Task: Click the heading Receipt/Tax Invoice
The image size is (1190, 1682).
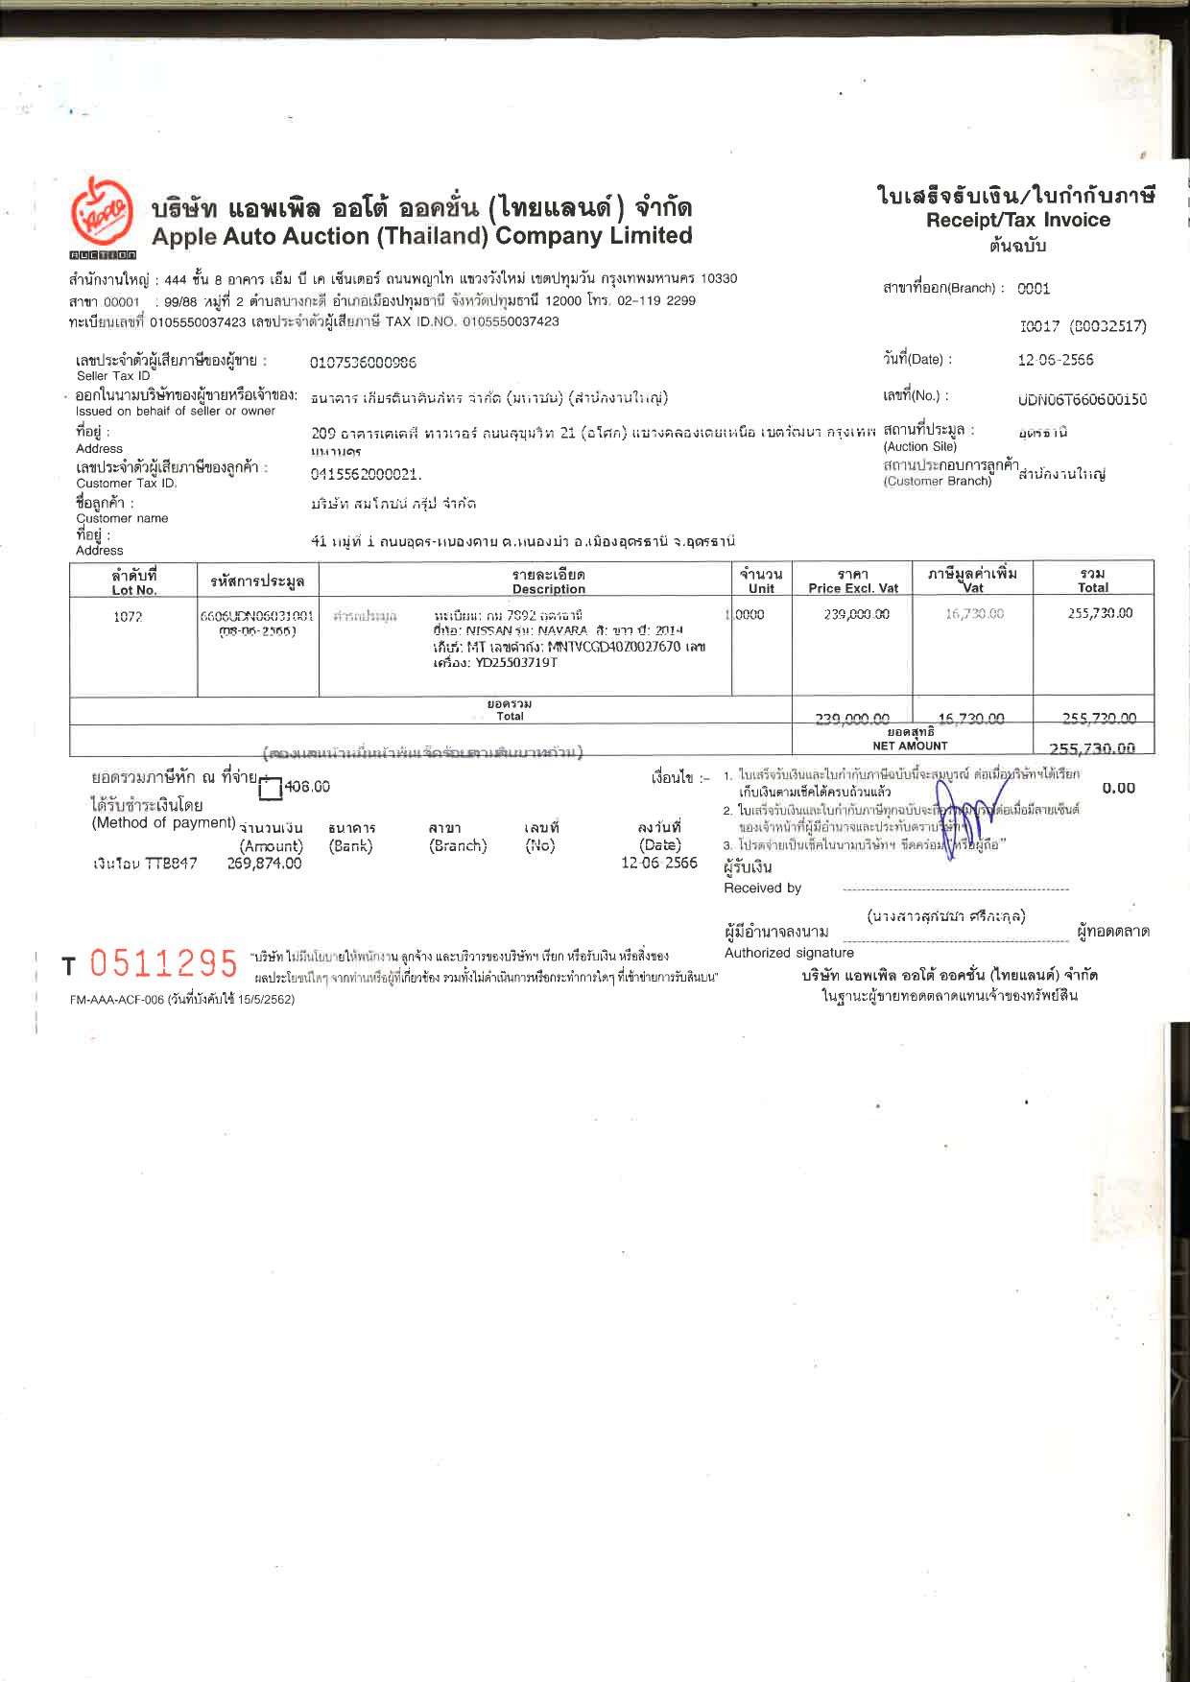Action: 1017,220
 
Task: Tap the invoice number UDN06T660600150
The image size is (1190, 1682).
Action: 1082,399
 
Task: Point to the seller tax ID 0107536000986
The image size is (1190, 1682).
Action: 363,363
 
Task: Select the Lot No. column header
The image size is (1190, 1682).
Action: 133,581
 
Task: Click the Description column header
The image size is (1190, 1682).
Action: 548,581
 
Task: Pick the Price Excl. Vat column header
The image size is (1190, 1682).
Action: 852,581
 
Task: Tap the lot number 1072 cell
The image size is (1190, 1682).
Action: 128,617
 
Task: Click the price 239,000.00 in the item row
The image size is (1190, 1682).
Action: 856,614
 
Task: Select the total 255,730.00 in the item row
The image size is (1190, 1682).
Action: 1100,613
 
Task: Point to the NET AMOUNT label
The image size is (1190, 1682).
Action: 910,746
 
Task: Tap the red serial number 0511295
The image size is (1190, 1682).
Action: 163,962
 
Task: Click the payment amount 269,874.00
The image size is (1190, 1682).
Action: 264,864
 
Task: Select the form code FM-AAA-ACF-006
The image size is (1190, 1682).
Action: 116,1000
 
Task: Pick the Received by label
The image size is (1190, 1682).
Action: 762,888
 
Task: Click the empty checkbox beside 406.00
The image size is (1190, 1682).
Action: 271,789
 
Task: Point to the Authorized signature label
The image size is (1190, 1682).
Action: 789,953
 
